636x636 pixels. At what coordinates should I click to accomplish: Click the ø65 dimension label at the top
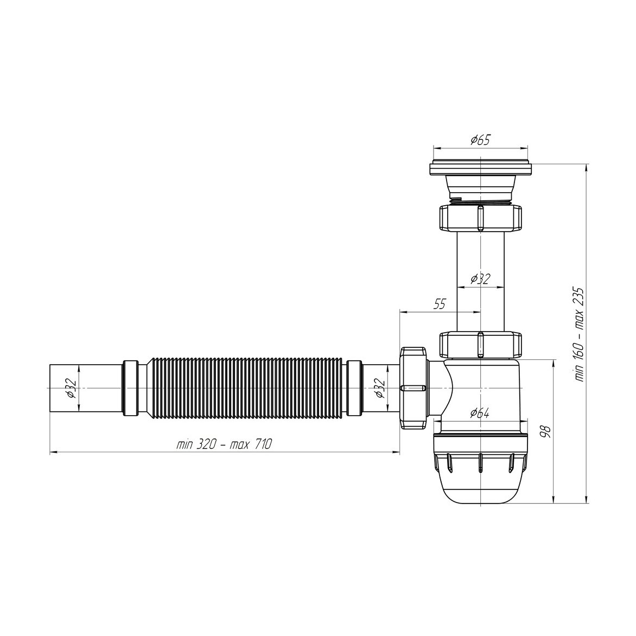point(480,141)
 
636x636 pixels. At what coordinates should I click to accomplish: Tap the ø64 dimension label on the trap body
point(480,414)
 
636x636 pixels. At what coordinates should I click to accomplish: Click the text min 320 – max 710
point(224,444)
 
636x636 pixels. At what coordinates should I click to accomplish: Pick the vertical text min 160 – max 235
point(579,334)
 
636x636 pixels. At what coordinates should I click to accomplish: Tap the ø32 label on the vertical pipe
point(480,279)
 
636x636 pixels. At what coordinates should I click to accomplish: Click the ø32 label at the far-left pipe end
point(70,388)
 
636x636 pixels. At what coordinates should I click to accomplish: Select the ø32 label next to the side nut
point(379,388)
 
